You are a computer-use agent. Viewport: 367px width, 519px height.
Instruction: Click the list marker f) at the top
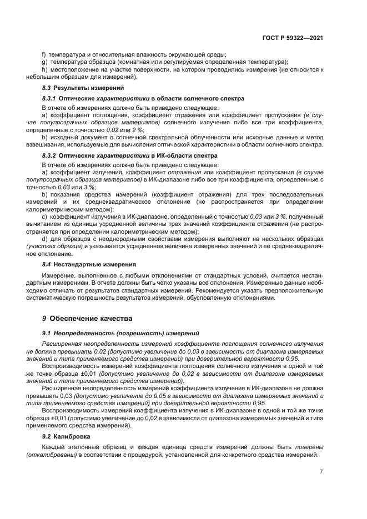(44, 54)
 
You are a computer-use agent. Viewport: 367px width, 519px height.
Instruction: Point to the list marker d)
(44, 238)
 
